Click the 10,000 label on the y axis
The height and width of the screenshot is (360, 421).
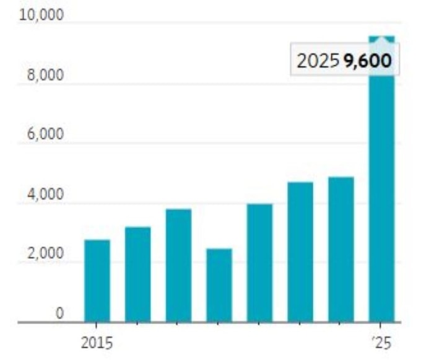[41, 15]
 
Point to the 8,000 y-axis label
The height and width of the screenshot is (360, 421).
[46, 76]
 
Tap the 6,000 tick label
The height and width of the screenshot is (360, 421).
[46, 134]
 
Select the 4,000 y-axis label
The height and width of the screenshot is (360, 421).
[46, 195]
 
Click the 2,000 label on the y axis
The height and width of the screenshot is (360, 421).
[46, 254]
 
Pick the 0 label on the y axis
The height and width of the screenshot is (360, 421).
[60, 314]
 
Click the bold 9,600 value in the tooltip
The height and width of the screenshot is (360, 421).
[368, 61]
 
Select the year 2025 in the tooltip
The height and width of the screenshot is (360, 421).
[318, 61]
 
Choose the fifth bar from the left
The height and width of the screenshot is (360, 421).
[259, 263]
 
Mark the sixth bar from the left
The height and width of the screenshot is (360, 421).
[300, 252]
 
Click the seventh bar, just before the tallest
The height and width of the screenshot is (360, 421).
[341, 249]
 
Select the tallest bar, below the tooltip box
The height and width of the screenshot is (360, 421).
[381, 198]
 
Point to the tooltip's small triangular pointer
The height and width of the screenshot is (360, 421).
[381, 40]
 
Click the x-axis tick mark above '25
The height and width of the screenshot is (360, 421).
[381, 325]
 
